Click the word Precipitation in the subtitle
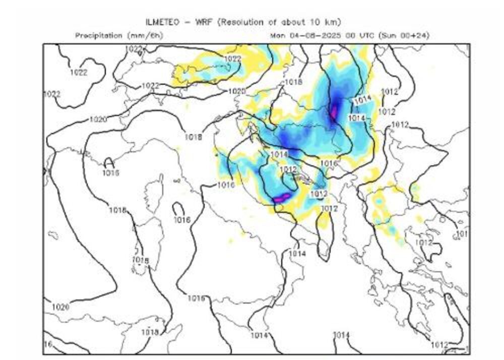(x=99, y=35)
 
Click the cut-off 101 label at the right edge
(x=462, y=234)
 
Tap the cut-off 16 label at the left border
(x=48, y=344)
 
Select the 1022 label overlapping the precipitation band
(x=232, y=59)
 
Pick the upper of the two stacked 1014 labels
(x=363, y=100)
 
